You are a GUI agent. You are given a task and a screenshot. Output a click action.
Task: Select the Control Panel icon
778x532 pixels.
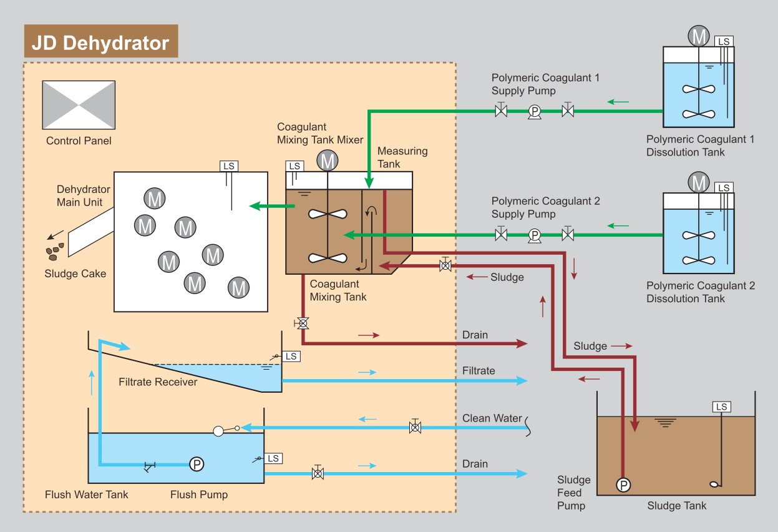(79, 105)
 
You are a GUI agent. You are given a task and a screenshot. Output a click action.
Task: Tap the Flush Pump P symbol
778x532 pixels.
(197, 464)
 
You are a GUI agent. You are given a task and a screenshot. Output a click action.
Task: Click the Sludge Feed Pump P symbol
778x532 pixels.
(623, 485)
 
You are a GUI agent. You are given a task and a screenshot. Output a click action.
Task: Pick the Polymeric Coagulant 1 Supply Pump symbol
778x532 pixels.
(534, 112)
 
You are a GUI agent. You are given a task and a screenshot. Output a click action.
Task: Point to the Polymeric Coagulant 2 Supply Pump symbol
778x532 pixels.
(534, 235)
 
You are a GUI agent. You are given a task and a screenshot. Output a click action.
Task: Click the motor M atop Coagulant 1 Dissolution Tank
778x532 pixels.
(699, 36)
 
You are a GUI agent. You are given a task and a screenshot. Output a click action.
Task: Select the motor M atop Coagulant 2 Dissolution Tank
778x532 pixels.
(699, 183)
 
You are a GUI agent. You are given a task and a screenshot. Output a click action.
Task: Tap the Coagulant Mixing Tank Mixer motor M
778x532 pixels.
(327, 161)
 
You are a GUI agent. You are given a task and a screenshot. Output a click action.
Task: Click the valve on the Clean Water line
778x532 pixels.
(414, 428)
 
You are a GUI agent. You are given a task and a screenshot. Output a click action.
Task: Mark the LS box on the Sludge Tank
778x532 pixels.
(722, 407)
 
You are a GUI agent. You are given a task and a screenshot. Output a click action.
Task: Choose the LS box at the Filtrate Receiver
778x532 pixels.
(291, 356)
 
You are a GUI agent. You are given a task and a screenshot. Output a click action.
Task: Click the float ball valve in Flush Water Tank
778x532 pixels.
(219, 430)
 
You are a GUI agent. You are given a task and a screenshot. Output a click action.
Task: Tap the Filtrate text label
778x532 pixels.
(479, 371)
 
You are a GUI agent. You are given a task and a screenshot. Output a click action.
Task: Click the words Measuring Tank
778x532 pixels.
(402, 157)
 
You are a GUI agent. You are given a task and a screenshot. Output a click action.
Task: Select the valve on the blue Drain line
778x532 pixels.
(318, 473)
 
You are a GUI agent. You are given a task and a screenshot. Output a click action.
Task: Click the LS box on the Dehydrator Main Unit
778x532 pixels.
(229, 166)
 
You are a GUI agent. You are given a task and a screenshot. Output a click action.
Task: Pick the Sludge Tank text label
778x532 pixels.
(677, 505)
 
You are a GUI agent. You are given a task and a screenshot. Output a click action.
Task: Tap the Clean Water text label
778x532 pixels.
(492, 418)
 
